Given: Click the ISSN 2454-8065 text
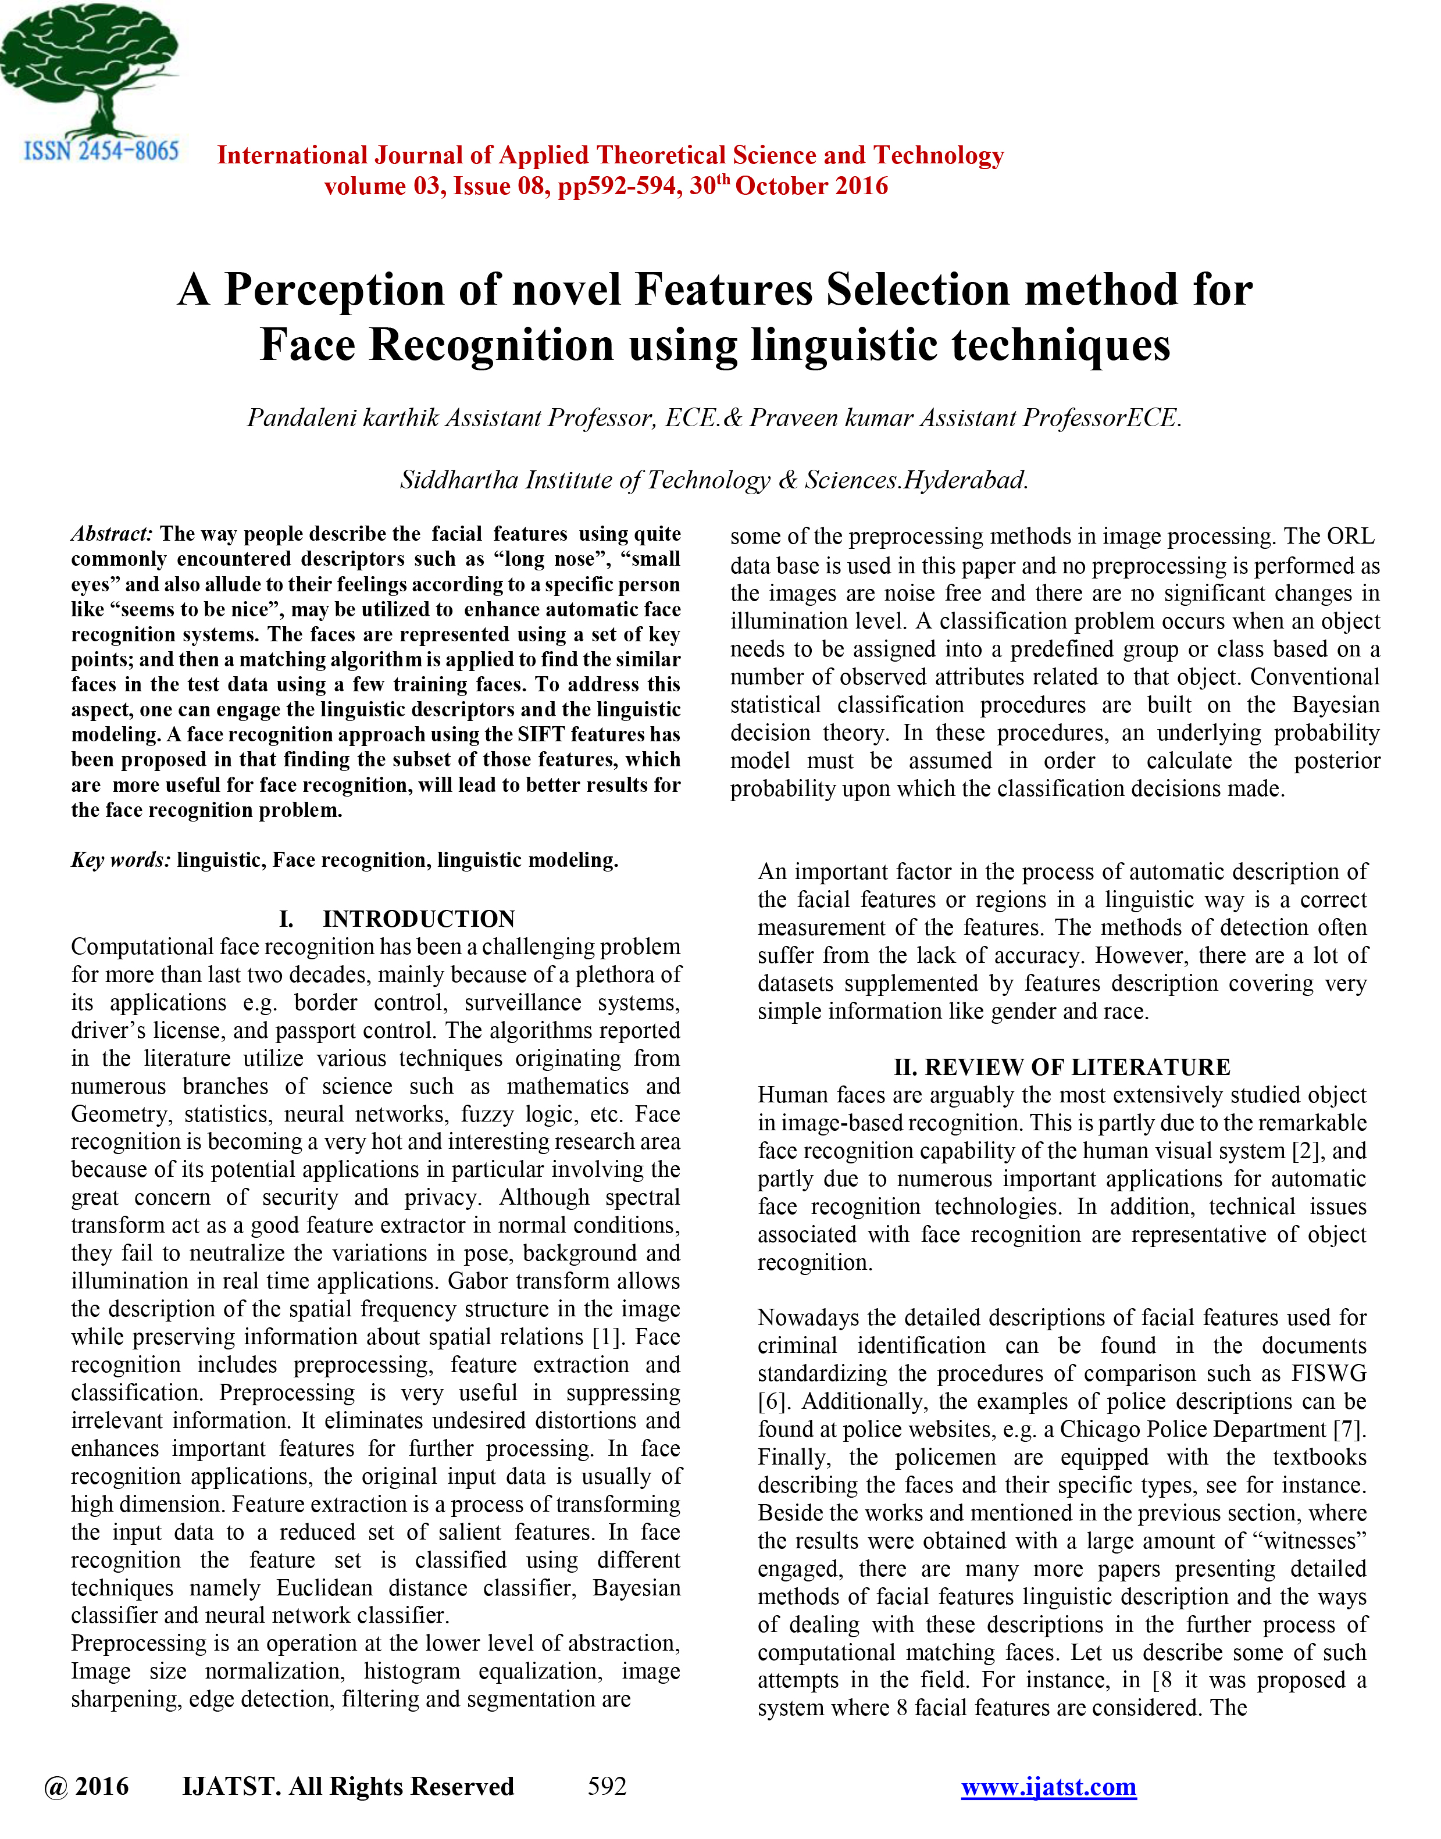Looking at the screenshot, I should tap(101, 151).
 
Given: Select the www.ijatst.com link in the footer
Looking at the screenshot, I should tap(1048, 1786).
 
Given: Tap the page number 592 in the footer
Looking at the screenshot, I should tap(607, 1786).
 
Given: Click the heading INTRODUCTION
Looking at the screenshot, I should tap(419, 919).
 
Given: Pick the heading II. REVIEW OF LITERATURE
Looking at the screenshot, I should tap(1061, 1067).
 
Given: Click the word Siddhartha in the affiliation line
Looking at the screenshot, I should tap(459, 480).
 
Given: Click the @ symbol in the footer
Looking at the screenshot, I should tap(56, 1786).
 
